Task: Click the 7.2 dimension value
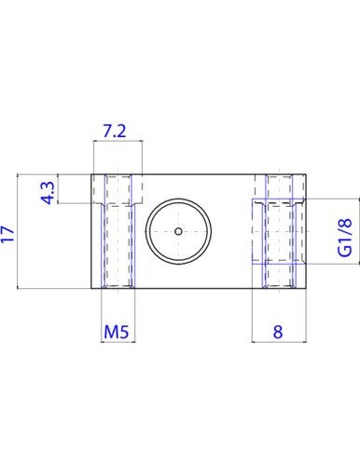click(115, 130)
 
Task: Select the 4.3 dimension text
click(48, 193)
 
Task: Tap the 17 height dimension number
click(7, 234)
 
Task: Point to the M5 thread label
click(116, 332)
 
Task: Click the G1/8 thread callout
click(345, 238)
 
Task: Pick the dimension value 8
click(278, 332)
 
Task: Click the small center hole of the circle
click(178, 231)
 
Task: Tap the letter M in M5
click(111, 332)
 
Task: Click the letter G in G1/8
click(345, 251)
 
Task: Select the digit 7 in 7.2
click(107, 130)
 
